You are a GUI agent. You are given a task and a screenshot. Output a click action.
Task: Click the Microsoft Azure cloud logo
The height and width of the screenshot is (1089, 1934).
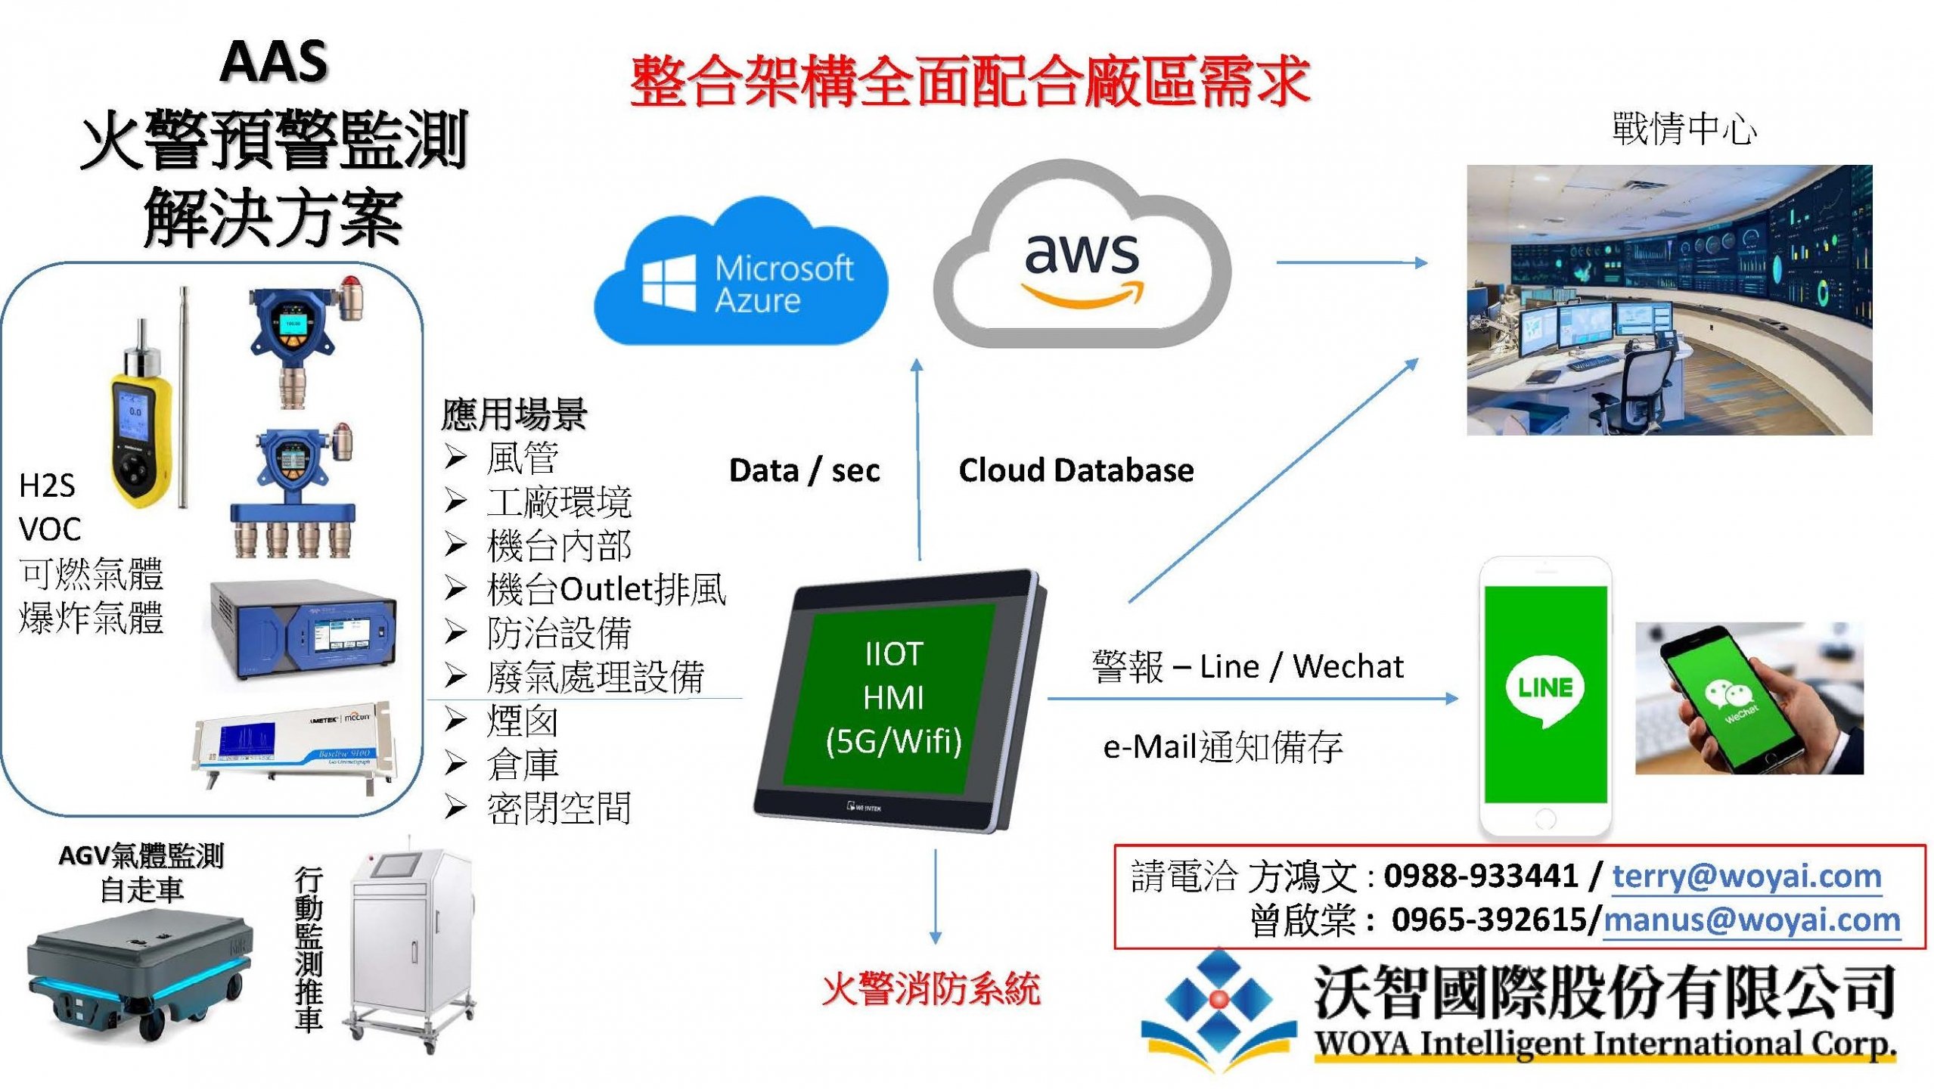point(741,276)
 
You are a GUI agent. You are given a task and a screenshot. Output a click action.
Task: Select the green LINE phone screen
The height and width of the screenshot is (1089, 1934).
point(1545,692)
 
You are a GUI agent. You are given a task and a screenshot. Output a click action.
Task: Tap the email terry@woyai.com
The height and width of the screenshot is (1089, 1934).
point(1746,876)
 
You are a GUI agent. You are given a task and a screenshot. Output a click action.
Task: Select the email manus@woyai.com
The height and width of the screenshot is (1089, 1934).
point(1752,920)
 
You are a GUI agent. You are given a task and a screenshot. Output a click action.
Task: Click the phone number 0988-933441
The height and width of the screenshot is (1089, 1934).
point(1481,876)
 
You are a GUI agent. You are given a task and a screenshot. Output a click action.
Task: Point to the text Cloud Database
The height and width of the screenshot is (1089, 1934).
point(1076,470)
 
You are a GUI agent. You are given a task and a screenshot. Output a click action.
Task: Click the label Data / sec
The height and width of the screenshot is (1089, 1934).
point(804,470)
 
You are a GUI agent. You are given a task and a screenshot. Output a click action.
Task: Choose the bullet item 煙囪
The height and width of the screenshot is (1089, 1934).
point(522,721)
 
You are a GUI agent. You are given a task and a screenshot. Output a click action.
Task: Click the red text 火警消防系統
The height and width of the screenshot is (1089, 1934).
point(931,989)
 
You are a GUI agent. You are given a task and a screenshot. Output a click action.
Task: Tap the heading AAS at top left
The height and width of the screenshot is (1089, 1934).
point(274,62)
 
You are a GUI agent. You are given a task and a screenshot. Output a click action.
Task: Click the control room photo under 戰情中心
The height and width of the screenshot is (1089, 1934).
point(1669,300)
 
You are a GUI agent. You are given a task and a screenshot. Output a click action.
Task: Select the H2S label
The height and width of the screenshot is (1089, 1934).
point(47,486)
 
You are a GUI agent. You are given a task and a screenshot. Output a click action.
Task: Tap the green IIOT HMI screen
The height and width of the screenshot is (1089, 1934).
point(893,697)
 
